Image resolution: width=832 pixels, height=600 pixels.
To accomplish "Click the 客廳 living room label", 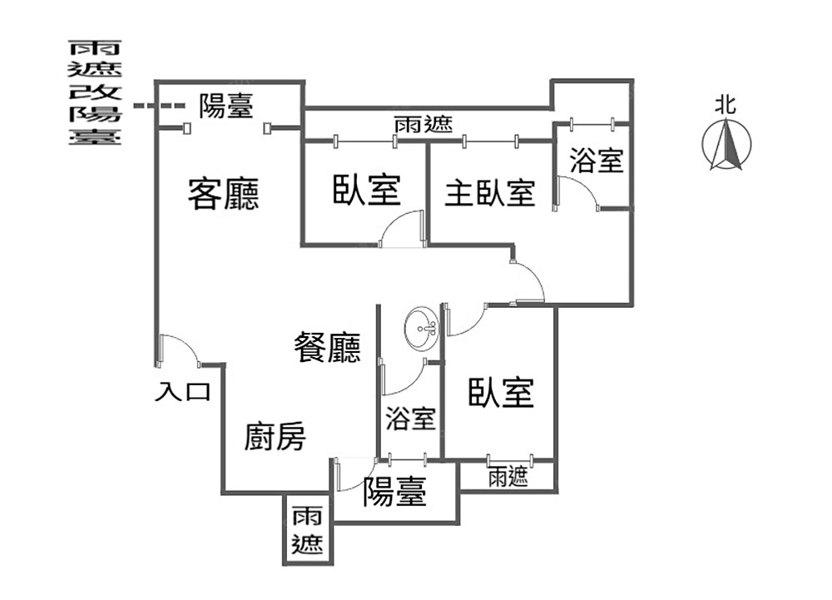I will pyautogui.click(x=223, y=194).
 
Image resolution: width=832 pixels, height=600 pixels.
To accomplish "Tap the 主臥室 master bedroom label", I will pyautogui.click(x=489, y=194).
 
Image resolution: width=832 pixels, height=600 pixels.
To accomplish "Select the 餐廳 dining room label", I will pyautogui.click(x=328, y=347).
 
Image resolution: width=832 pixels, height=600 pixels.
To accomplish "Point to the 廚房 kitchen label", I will pyautogui.click(x=275, y=436).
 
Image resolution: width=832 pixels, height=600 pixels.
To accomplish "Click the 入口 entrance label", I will pyautogui.click(x=182, y=392).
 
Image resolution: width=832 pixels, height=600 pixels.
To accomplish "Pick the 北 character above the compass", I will pyautogui.click(x=726, y=105).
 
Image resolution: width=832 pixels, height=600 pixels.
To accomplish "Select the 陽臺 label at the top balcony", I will pyautogui.click(x=226, y=106).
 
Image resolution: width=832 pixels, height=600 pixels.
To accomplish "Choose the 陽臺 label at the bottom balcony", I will pyautogui.click(x=394, y=493).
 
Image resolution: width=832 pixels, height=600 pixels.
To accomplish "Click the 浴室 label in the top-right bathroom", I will pyautogui.click(x=597, y=161).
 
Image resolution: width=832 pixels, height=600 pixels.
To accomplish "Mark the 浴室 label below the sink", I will pyautogui.click(x=410, y=419).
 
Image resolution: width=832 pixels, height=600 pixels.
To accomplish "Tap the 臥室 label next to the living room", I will pyautogui.click(x=366, y=190).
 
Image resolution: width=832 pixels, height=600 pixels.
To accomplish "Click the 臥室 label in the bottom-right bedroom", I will pyautogui.click(x=500, y=392).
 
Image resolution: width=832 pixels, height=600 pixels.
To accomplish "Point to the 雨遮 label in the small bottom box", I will pyautogui.click(x=307, y=531).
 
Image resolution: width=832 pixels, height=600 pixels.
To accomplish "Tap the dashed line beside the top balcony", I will pyautogui.click(x=160, y=106).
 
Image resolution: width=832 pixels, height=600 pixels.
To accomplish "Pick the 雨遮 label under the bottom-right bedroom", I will pyautogui.click(x=508, y=477).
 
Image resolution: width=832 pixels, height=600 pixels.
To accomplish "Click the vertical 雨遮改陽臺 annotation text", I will pyautogui.click(x=94, y=92).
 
